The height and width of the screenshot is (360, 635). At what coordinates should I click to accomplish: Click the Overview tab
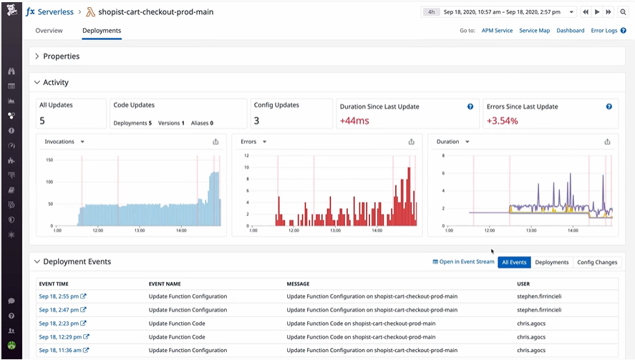49,30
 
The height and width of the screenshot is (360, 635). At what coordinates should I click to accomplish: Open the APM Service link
497,30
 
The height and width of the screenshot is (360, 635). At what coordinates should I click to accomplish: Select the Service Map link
535,30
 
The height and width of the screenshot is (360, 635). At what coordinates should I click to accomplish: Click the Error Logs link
604,30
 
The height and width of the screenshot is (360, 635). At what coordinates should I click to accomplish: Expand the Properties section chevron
37,57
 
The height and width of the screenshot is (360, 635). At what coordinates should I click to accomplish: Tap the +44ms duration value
354,121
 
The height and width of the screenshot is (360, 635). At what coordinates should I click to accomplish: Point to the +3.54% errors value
502,121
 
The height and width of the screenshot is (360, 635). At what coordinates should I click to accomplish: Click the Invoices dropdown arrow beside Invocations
82,142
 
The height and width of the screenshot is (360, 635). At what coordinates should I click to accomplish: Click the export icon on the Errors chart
412,142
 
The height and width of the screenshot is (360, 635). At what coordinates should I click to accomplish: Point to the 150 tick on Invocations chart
49,160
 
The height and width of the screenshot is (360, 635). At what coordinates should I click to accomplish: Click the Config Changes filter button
597,262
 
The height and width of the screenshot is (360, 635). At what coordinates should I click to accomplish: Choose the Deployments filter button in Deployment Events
551,262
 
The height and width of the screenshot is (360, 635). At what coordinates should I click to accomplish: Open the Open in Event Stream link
463,262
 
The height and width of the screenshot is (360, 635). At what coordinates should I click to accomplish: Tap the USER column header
523,284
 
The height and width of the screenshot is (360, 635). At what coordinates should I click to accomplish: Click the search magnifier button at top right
623,12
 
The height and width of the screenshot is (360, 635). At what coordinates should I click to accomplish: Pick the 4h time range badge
431,12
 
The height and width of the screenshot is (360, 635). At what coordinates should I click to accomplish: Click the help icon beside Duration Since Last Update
470,107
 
